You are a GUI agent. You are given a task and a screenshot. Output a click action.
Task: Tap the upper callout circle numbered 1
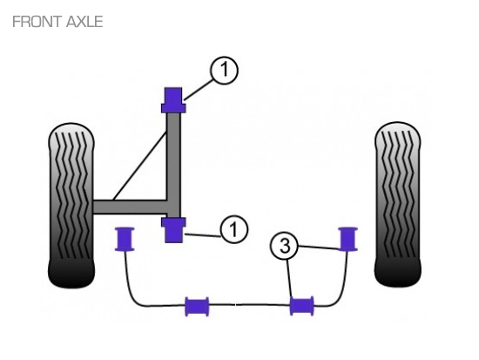224,70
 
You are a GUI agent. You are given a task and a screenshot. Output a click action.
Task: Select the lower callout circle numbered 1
234,229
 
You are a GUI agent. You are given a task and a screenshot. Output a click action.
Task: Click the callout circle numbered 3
284,246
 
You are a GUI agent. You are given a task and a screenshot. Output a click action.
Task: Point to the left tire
71,205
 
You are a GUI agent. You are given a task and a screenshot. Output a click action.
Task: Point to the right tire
398,204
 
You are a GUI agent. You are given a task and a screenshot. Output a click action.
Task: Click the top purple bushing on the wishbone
173,100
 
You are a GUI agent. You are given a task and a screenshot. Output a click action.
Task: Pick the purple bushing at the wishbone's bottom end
173,230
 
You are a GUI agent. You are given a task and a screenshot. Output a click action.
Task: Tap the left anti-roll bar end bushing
125,239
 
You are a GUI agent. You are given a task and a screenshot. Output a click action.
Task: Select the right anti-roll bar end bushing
348,239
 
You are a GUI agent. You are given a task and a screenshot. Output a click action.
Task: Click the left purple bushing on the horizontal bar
198,306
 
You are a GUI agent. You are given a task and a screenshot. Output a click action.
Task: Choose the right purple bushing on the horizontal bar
302,306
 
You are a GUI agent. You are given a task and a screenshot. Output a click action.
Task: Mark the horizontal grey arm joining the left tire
131,207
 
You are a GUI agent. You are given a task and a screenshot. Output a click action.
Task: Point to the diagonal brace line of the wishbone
140,166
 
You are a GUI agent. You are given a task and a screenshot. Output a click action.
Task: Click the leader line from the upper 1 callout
198,90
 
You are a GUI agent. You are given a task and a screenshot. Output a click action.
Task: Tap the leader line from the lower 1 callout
202,235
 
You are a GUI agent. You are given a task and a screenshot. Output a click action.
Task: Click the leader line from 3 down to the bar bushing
290,278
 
